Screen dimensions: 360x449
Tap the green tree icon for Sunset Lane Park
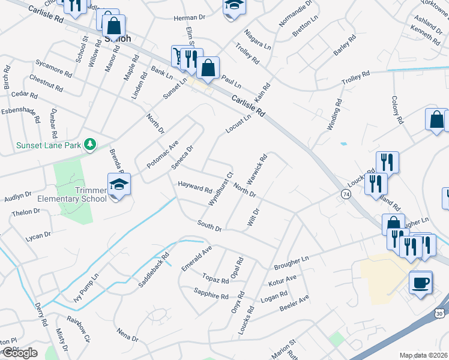click(90, 144)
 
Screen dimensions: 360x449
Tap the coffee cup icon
click(420, 281)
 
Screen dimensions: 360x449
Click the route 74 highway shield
click(346, 194)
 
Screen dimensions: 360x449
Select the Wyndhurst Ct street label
click(220, 190)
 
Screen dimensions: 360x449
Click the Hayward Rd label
click(195, 187)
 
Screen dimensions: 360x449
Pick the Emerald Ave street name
click(197, 258)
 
